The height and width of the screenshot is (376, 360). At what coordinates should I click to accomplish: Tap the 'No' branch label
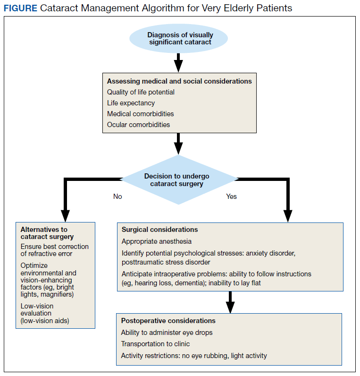click(117, 197)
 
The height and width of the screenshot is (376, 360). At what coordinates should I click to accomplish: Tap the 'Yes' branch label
click(231, 197)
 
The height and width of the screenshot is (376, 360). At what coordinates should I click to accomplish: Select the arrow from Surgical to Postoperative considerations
click(230, 302)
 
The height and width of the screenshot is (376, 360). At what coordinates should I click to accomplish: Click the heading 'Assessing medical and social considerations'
click(179, 81)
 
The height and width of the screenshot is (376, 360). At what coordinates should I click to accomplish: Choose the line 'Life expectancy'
click(131, 103)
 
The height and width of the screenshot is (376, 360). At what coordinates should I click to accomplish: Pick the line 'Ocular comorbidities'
click(138, 125)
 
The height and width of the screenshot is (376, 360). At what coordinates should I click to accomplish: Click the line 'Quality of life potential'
click(141, 92)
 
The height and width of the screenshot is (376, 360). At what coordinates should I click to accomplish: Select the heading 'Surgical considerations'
click(159, 230)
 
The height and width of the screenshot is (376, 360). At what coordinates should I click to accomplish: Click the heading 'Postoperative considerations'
click(168, 321)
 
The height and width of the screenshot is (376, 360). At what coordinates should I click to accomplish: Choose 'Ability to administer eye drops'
click(167, 333)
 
